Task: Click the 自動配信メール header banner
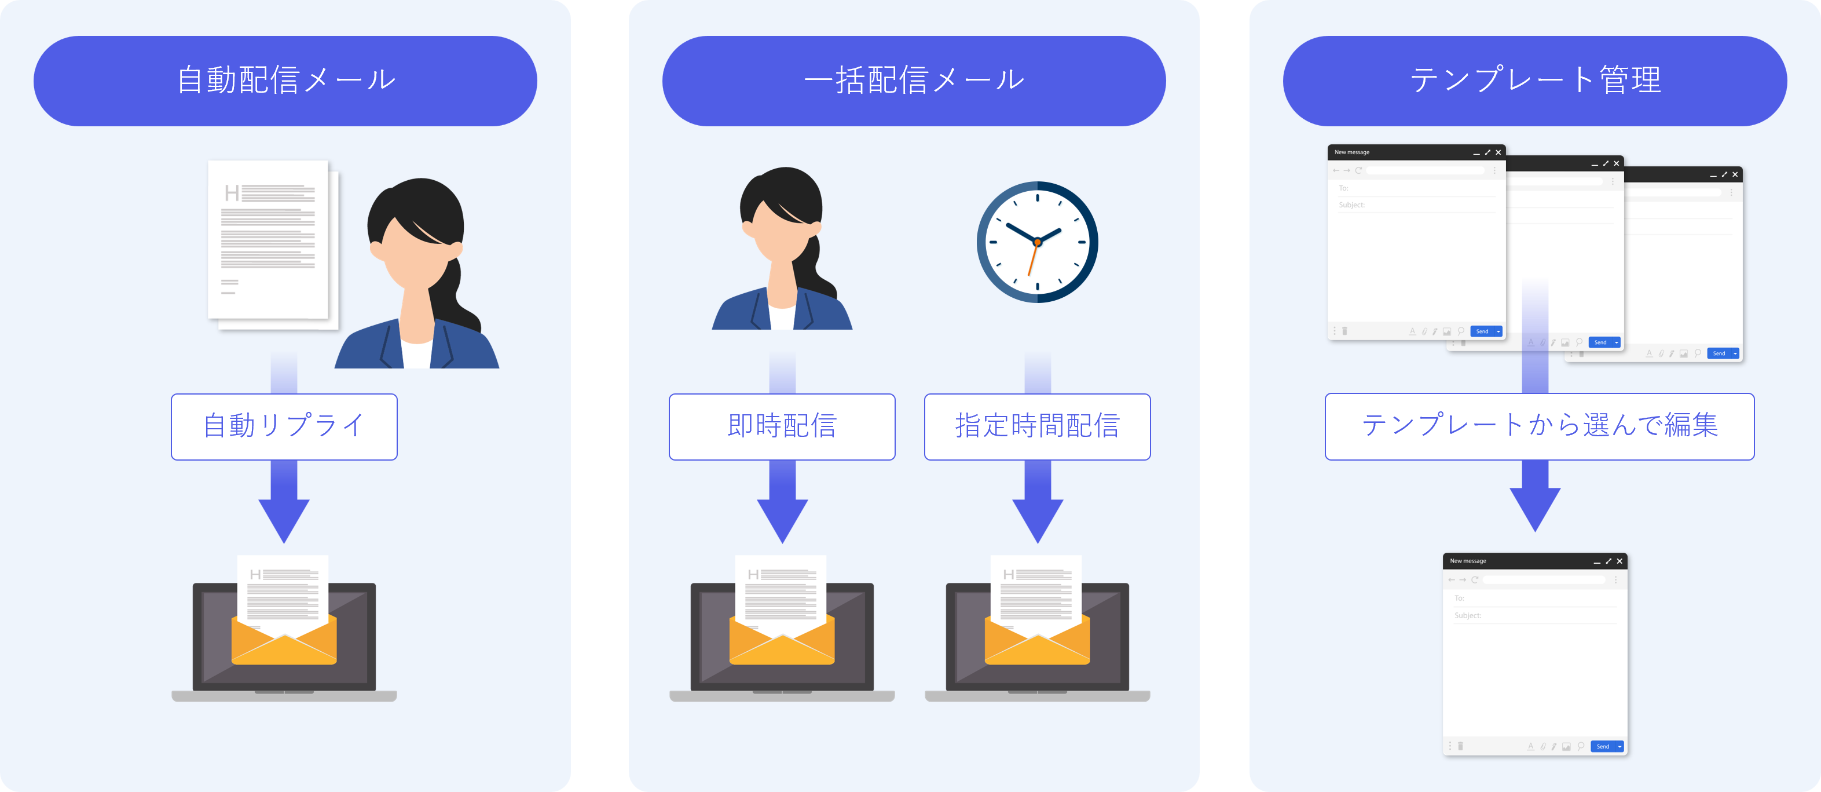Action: (285, 81)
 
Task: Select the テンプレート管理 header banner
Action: (1535, 81)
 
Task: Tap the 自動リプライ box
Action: (284, 426)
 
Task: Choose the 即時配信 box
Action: (782, 426)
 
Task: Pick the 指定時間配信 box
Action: (1037, 426)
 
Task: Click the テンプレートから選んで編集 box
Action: (1539, 426)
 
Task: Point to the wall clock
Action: (1037, 242)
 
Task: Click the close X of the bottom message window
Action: (1620, 561)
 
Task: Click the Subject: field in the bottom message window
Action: (1534, 615)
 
